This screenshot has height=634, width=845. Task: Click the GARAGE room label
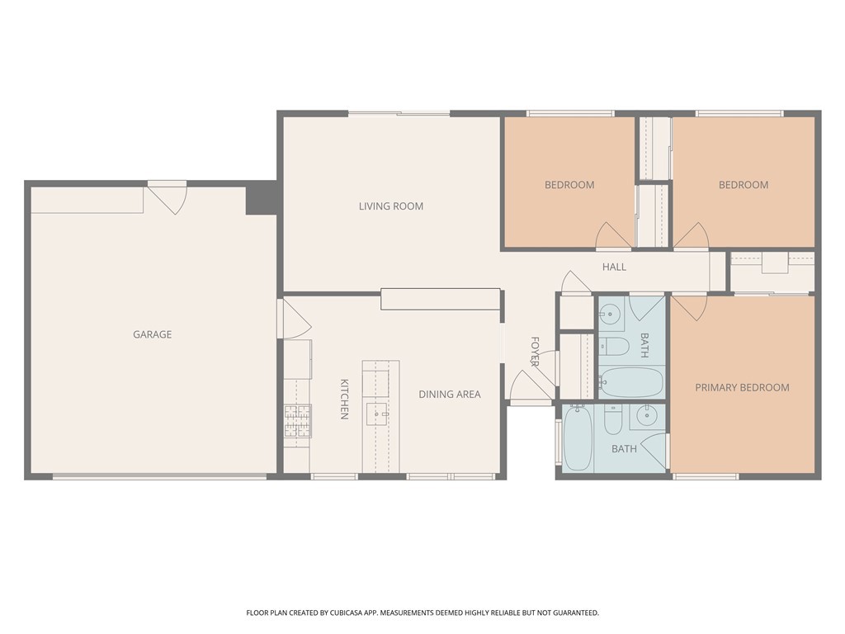coord(153,334)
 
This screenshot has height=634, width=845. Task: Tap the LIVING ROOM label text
coord(391,206)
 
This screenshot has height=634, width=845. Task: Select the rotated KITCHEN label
coord(344,399)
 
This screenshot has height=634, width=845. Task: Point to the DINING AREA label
coord(450,394)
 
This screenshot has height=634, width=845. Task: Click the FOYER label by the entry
coord(535,352)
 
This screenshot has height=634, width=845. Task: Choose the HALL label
coord(614,267)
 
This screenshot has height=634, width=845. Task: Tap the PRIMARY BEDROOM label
coord(742,387)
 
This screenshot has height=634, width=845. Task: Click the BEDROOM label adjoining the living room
coord(569,185)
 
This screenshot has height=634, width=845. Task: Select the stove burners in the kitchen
coord(297,420)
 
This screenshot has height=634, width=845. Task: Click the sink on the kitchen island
coord(377,414)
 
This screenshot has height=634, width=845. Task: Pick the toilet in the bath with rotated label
coord(614,346)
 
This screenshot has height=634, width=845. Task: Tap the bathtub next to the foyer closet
coord(630,382)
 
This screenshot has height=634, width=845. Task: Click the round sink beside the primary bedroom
coord(645,416)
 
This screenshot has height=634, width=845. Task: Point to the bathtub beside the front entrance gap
coord(578,438)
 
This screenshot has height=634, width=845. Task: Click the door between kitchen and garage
coord(295,319)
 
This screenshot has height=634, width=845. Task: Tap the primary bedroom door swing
coord(688,307)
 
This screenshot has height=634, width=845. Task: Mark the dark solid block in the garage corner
coord(262,199)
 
